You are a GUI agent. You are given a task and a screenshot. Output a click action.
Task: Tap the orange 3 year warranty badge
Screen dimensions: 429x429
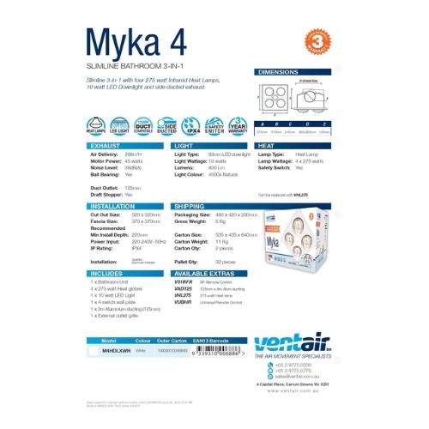click(316, 41)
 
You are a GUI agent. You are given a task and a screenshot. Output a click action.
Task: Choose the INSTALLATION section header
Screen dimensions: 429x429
click(112, 207)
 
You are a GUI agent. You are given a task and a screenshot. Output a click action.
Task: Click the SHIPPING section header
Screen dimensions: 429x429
click(190, 207)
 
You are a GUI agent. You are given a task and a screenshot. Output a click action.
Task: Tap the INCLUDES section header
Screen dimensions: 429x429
click(107, 271)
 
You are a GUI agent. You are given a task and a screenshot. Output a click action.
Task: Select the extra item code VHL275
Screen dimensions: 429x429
click(183, 293)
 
